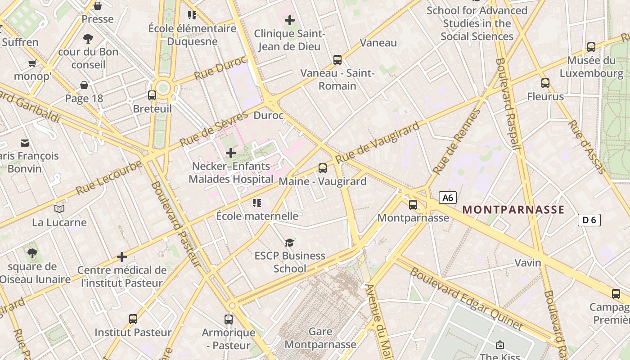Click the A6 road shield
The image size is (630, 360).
tap(447, 198)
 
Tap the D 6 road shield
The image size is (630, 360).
tap(589, 220)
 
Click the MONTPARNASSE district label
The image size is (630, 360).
tap(513, 210)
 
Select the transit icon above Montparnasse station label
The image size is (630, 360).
tap(413, 205)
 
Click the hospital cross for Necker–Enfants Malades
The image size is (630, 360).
tap(231, 153)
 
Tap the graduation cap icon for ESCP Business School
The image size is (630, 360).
tap(290, 243)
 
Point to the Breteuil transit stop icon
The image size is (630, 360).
tap(152, 95)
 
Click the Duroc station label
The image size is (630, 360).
tap(269, 116)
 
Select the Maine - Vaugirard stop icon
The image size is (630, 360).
tap(323, 168)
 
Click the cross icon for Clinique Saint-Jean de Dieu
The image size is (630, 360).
tap(290, 20)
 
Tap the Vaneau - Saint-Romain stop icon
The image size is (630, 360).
tap(337, 59)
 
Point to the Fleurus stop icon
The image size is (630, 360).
tap(545, 83)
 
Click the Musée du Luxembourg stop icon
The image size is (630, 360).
tap(591, 47)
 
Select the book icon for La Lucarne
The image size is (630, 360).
tap(59, 209)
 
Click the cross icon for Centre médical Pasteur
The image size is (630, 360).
tap(122, 257)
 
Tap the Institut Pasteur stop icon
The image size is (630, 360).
tap(133, 319)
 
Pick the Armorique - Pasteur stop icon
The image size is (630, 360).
tap(229, 319)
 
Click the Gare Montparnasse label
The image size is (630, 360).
tap(320, 338)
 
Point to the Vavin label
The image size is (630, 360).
tap(528, 262)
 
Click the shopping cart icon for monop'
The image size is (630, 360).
tap(32, 63)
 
